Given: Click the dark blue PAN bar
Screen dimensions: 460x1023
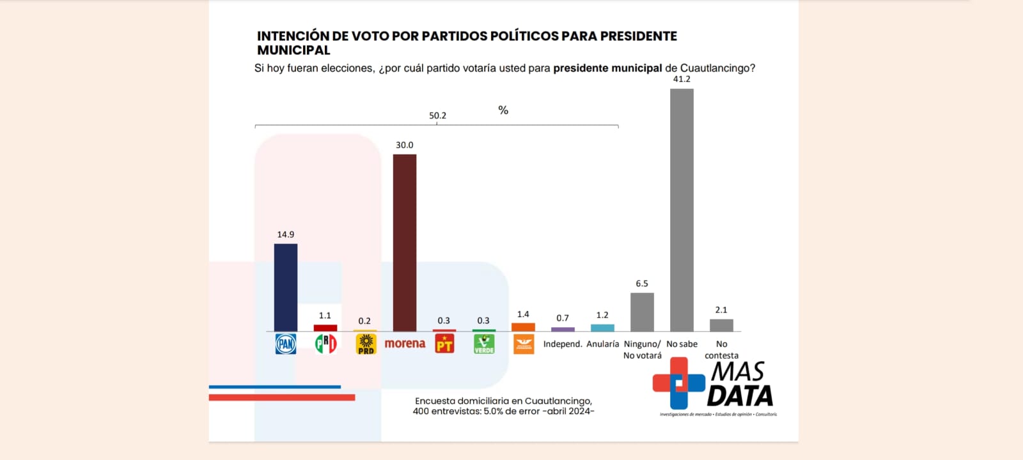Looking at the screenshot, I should point(286,287).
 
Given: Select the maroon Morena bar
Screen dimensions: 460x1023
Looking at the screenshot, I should point(404,243).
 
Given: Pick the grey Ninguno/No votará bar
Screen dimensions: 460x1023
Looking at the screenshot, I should point(642,312).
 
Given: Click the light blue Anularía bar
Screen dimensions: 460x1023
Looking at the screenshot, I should point(602,328).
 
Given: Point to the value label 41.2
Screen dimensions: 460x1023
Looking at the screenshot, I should point(682,79).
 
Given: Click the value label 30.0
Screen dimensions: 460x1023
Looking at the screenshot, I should point(404,145).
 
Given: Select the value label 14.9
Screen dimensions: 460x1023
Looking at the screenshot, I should point(286,234).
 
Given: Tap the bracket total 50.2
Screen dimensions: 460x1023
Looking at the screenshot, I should point(437,116).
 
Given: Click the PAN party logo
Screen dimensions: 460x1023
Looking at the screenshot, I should point(286,344).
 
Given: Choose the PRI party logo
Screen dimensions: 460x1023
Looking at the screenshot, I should point(325,344).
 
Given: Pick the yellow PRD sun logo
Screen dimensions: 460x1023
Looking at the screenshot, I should point(365,344).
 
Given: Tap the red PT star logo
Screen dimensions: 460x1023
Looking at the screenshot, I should point(444,344).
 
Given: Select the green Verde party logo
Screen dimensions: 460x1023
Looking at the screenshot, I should point(484,344).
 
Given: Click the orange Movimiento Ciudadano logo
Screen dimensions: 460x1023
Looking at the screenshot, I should point(524,344).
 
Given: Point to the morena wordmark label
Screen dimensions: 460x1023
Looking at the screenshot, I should point(405,344).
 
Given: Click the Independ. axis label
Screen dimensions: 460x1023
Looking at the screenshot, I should point(563,344).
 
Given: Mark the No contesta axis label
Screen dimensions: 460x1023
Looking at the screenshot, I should point(721,349).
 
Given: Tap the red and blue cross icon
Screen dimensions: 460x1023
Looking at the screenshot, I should point(678,383).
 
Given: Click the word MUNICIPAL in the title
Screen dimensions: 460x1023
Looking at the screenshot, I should point(293,50).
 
